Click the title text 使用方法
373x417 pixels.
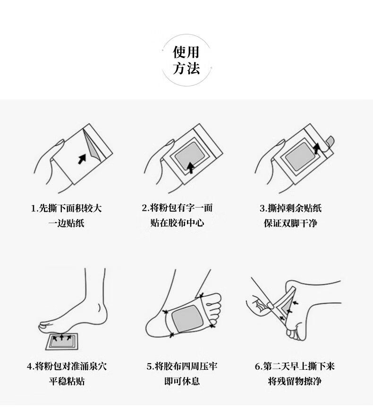(x=186, y=60)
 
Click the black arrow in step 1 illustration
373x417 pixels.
(x=82, y=159)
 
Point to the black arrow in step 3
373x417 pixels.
(x=316, y=149)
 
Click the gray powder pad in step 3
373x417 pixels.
(x=300, y=157)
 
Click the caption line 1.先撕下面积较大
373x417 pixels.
(x=66, y=208)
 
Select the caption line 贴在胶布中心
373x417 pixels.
(x=178, y=223)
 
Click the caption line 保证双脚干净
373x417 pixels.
(x=291, y=223)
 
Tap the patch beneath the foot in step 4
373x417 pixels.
(x=62, y=342)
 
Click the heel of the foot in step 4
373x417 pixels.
(x=102, y=314)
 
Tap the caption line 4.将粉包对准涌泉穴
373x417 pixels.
(x=67, y=366)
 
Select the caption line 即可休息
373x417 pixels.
(x=182, y=381)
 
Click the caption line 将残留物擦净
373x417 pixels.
(x=295, y=381)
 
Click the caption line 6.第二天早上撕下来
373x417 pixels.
(x=295, y=366)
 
